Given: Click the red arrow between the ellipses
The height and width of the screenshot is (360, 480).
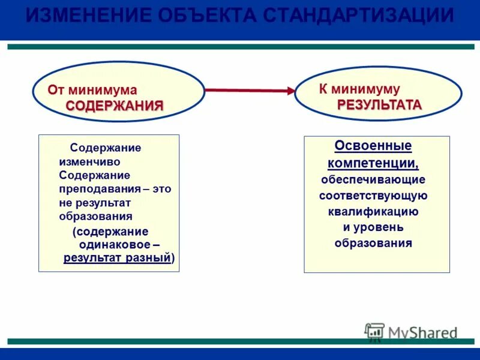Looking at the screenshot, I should point(250,91).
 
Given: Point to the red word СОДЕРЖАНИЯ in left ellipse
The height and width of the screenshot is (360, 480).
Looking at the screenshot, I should point(115,106).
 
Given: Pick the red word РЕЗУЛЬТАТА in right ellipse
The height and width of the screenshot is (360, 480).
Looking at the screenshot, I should point(379,105).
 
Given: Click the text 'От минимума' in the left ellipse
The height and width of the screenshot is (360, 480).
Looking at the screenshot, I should point(92,90).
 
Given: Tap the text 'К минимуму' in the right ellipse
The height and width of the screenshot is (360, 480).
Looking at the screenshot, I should point(359,89).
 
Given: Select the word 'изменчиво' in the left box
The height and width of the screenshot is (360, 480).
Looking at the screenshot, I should point(89,161).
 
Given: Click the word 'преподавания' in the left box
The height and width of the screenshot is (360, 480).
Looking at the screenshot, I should point(99,188).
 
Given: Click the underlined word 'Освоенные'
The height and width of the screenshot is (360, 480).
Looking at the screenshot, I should point(373,146).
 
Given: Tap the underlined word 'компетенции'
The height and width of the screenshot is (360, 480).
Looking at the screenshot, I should point(371,163).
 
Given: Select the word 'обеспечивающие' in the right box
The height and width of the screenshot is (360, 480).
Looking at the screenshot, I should point(373,179).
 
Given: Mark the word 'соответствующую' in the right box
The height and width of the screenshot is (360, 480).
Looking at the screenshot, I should point(373,196).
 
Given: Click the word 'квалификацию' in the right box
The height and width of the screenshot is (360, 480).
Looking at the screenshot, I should point(373,211).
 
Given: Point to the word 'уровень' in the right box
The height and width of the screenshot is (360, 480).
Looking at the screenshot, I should point(382,227).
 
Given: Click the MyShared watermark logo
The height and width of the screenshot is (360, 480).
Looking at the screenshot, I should point(411,332).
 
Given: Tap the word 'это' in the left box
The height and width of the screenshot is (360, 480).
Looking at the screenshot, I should point(161,188).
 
